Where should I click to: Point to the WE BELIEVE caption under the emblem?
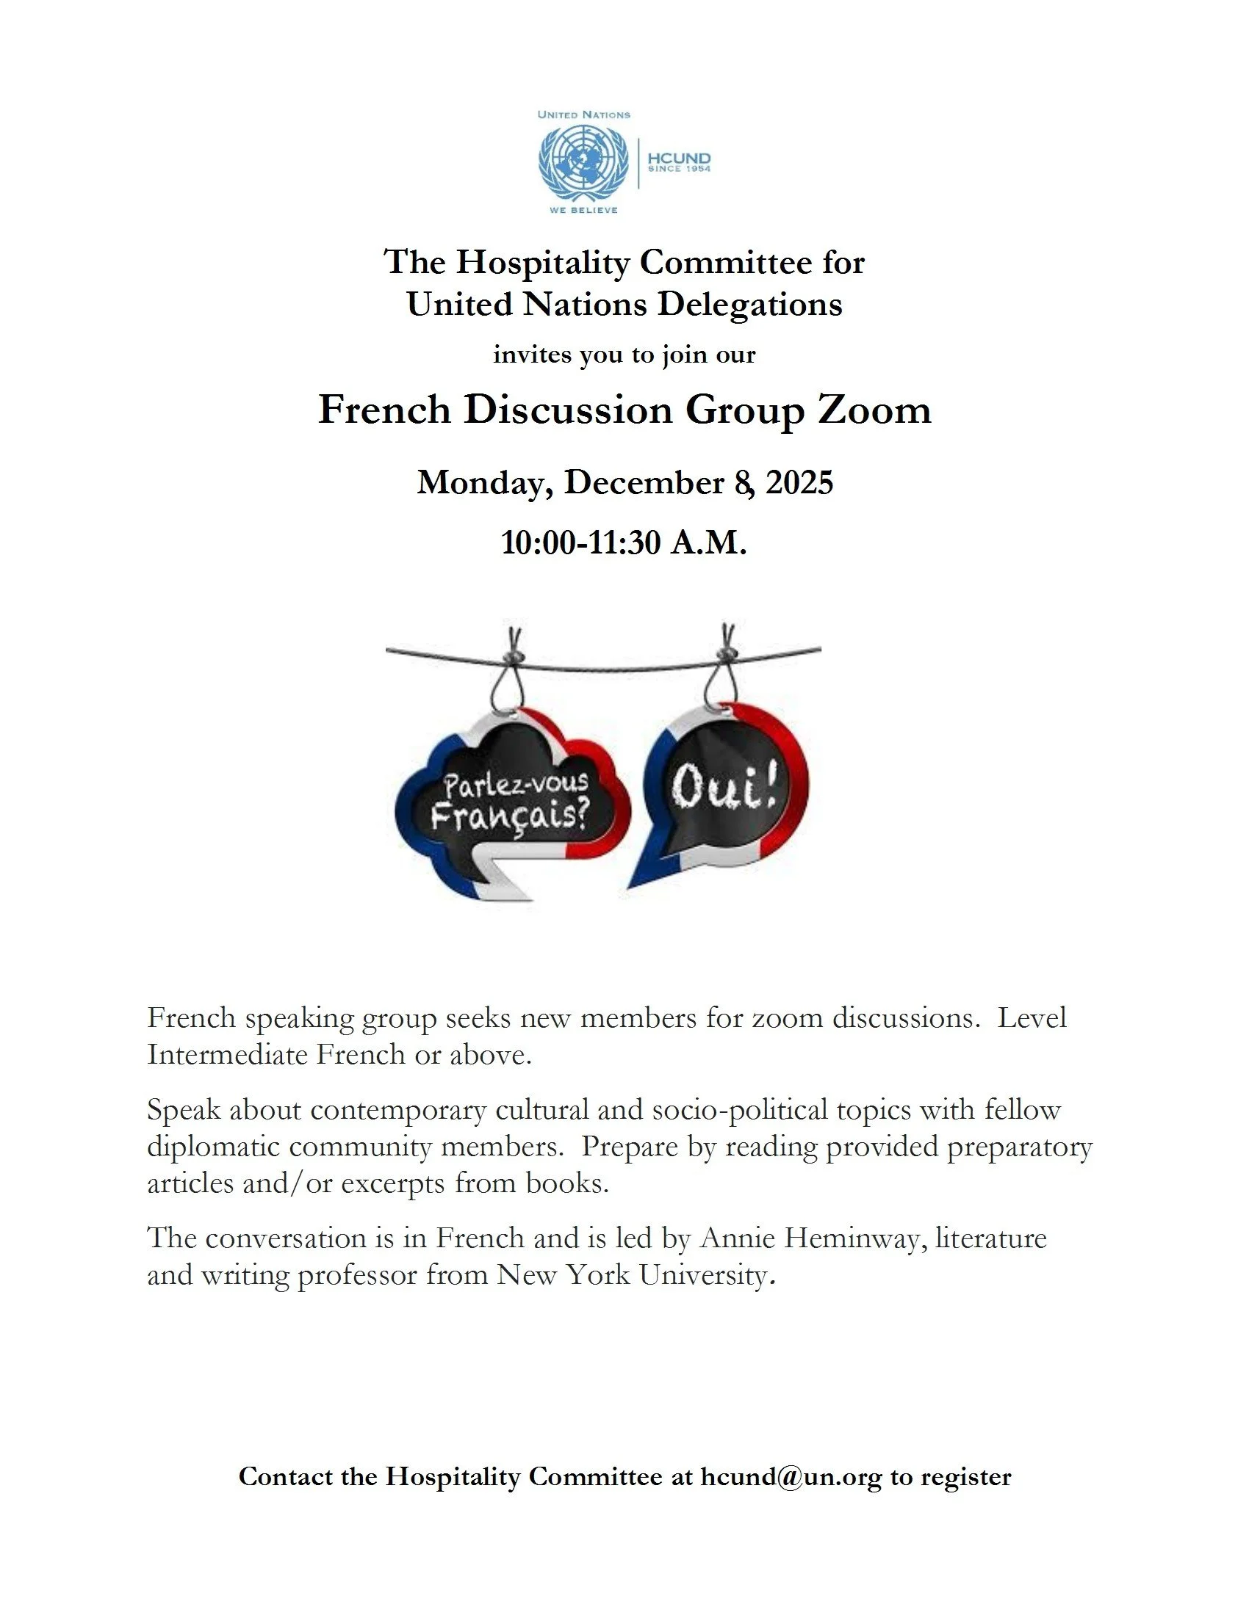583,210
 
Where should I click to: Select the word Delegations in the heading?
749,304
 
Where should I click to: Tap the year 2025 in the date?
799,482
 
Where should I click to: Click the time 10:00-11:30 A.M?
624,542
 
